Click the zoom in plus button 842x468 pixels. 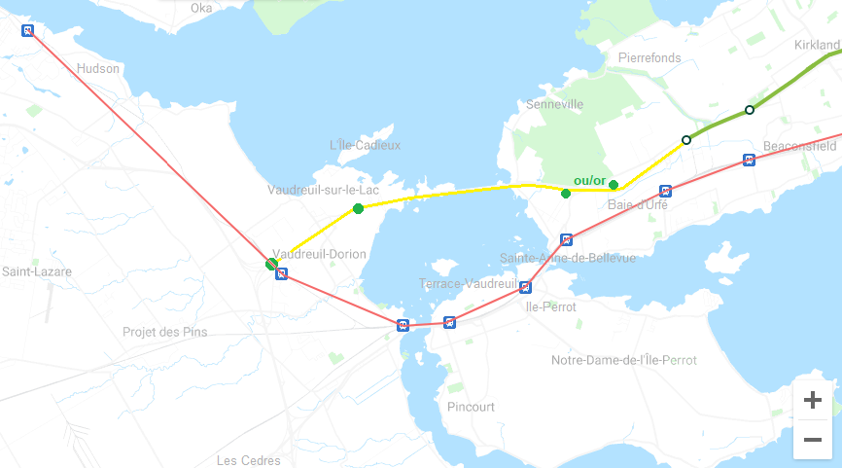point(813,400)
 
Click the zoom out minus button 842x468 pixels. point(813,440)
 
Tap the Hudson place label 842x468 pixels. point(98,69)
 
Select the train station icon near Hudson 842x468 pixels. point(28,30)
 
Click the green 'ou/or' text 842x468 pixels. point(589,181)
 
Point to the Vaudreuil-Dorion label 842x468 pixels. point(320,254)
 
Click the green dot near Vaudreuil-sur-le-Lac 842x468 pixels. point(359,209)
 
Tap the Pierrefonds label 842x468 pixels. point(649,58)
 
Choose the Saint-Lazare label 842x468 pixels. point(36,271)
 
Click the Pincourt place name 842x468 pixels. point(471,407)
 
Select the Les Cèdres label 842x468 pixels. point(249,460)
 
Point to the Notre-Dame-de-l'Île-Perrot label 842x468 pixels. point(624,360)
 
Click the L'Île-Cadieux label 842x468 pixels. point(365,145)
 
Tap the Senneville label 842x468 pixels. point(554,104)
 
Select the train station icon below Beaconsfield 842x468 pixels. point(749,160)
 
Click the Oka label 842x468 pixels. point(201,8)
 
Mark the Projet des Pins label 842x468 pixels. point(164,332)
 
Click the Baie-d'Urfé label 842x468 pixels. point(638,205)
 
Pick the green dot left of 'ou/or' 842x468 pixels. point(566,194)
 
